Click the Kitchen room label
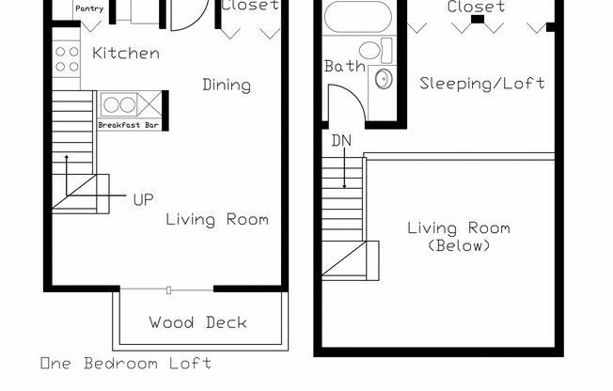[126, 54]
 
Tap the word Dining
[227, 85]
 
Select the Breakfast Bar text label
[127, 124]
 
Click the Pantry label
[89, 8]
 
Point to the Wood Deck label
[197, 322]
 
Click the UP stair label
[143, 198]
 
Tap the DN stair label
[340, 141]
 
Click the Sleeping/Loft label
[482, 83]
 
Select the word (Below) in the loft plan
[458, 246]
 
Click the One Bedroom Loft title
[125, 363]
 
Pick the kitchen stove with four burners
[67, 59]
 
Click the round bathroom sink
[383, 77]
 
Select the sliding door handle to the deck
[168, 288]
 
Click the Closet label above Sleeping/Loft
[476, 7]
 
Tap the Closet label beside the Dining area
[250, 5]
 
